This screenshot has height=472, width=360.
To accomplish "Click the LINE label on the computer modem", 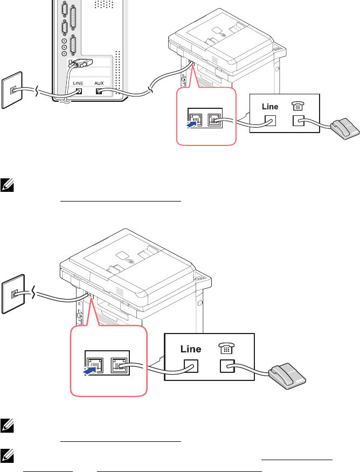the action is (78, 82).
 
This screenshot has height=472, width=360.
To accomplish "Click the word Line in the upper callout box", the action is (270, 106).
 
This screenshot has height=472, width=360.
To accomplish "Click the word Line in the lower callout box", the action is (191, 349).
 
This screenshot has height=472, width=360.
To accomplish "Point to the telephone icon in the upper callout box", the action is (297, 106).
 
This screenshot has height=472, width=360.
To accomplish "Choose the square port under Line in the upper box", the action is (269, 121).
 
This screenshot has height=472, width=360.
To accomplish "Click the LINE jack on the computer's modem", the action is (79, 91).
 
